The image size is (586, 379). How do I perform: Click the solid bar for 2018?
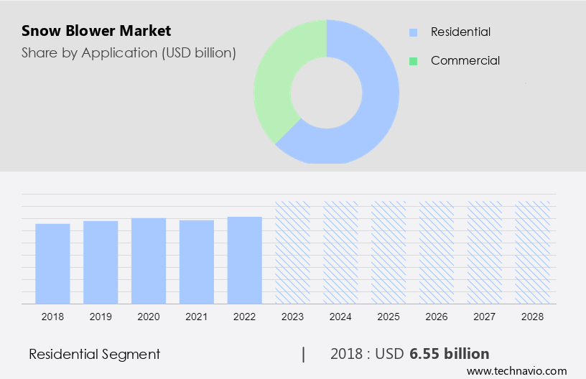pyautogui.click(x=52, y=263)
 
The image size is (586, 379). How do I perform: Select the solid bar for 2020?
pyautogui.click(x=149, y=261)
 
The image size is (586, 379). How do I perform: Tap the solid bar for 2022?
pyautogui.click(x=245, y=260)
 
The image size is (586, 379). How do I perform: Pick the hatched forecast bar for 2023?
pyautogui.click(x=293, y=252)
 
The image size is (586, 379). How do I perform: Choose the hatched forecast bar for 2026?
pyautogui.click(x=437, y=252)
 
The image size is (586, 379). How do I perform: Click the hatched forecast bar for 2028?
pyautogui.click(x=533, y=252)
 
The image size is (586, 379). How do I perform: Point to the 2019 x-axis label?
pyautogui.click(x=101, y=316)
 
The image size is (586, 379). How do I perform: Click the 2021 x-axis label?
pyautogui.click(x=197, y=316)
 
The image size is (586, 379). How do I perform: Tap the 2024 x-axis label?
pyautogui.click(x=340, y=316)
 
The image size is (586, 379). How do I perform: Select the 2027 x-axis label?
pyautogui.click(x=485, y=316)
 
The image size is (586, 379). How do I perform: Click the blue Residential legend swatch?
pyautogui.click(x=413, y=32)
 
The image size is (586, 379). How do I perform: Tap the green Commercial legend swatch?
pyautogui.click(x=413, y=61)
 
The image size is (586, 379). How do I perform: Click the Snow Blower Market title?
pyautogui.click(x=96, y=32)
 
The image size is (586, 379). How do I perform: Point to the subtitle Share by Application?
pyautogui.click(x=129, y=52)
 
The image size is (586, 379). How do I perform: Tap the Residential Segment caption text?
pyautogui.click(x=94, y=354)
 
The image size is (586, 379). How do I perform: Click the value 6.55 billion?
pyautogui.click(x=450, y=354)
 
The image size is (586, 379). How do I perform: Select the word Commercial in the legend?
pyautogui.click(x=465, y=61)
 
